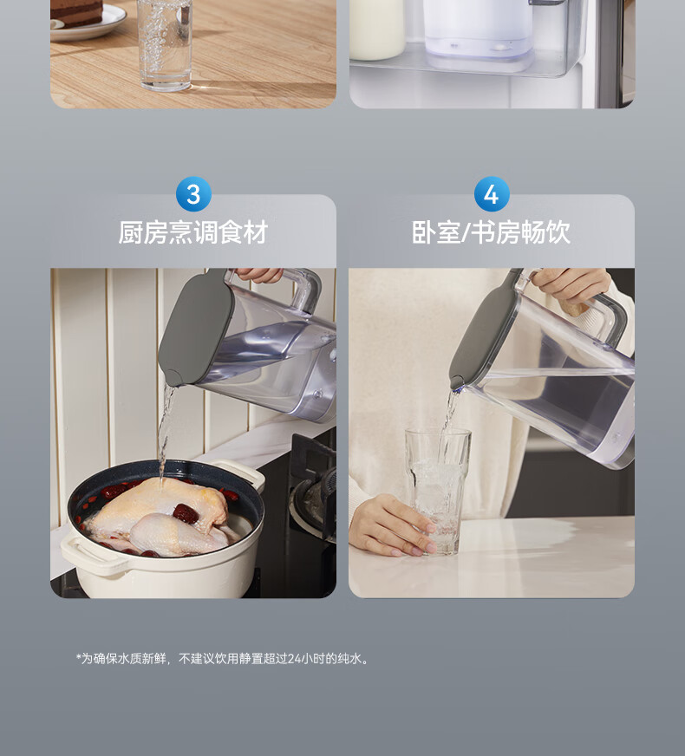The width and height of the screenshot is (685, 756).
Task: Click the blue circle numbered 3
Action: click(193, 194)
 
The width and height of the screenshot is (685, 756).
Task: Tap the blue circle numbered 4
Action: click(492, 194)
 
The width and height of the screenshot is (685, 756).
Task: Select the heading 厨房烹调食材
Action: click(193, 232)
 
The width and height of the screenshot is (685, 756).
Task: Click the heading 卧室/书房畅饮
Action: click(492, 232)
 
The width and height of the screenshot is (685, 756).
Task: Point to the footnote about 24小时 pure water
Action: click(222, 659)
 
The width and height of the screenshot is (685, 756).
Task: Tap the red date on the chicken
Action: click(185, 513)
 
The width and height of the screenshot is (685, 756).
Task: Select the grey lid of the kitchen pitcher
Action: click(195, 327)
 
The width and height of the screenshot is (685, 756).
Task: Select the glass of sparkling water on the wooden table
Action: click(165, 44)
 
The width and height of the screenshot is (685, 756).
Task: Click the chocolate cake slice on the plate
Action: click(76, 12)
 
